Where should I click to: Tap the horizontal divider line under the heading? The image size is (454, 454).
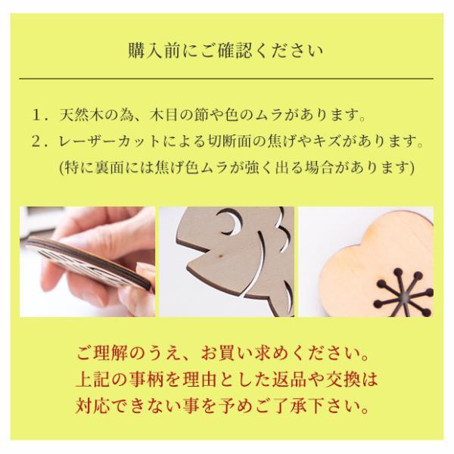[x=227, y=78]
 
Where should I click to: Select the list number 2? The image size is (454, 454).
[x=38, y=141]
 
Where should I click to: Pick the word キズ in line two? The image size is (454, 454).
[x=349, y=141]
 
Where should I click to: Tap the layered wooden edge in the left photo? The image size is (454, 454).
[x=83, y=265]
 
